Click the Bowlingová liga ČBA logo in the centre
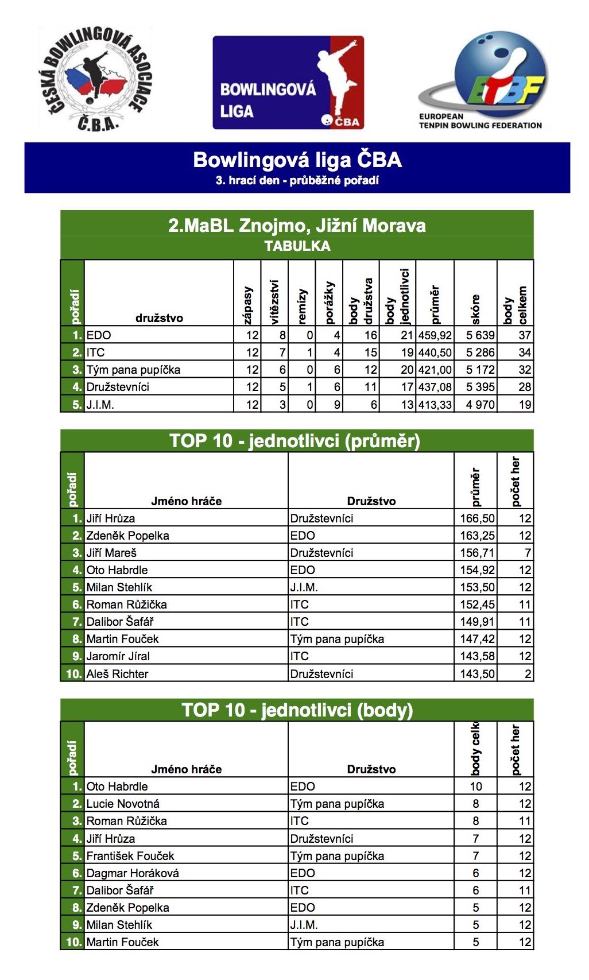(x=288, y=83)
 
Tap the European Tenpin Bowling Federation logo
(x=481, y=80)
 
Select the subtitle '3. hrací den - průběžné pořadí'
(x=297, y=180)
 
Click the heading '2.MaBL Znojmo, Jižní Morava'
(x=297, y=226)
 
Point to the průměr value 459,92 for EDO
(x=435, y=335)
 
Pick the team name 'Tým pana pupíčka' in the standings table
(x=133, y=370)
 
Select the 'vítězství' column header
(x=274, y=302)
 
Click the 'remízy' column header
(x=302, y=307)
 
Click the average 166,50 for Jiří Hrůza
(x=477, y=518)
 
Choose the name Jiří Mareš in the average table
(x=111, y=553)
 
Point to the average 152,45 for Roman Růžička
(x=477, y=605)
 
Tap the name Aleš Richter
(x=117, y=674)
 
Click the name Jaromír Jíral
(x=118, y=656)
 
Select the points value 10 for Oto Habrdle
(x=476, y=787)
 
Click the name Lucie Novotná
(x=123, y=804)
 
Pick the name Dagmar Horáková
(x=133, y=873)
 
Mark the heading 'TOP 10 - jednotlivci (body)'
(x=297, y=710)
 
